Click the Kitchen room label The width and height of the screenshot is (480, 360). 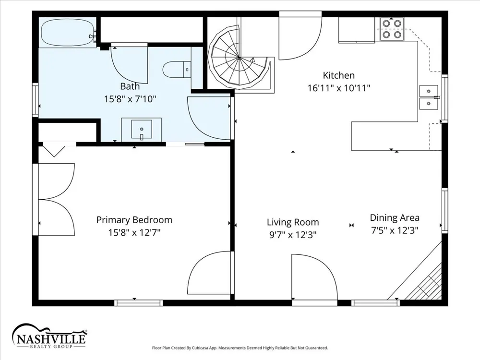pyautogui.click(x=338, y=75)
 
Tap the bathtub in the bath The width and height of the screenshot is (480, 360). pyautogui.click(x=67, y=33)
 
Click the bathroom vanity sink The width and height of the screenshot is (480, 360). pyautogui.click(x=142, y=130)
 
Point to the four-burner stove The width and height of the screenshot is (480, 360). pyautogui.click(x=392, y=29)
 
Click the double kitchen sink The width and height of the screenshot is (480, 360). pyautogui.click(x=429, y=97)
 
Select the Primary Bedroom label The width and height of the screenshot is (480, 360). pyautogui.click(x=134, y=220)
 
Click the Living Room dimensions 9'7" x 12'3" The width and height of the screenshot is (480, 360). pyautogui.click(x=293, y=235)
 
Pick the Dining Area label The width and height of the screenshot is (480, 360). pyautogui.click(x=395, y=217)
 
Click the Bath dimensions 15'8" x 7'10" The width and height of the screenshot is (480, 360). pyautogui.click(x=130, y=99)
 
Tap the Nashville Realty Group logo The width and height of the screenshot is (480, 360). pyautogui.click(x=49, y=336)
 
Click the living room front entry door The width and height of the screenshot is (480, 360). pyautogui.click(x=314, y=277)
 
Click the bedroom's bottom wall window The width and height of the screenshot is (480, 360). pyautogui.click(x=139, y=303)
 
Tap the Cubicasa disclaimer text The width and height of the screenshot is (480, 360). pyautogui.click(x=240, y=348)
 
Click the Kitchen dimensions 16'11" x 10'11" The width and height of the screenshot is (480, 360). pyautogui.click(x=339, y=88)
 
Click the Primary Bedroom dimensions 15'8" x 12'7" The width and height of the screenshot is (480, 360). pyautogui.click(x=134, y=233)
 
